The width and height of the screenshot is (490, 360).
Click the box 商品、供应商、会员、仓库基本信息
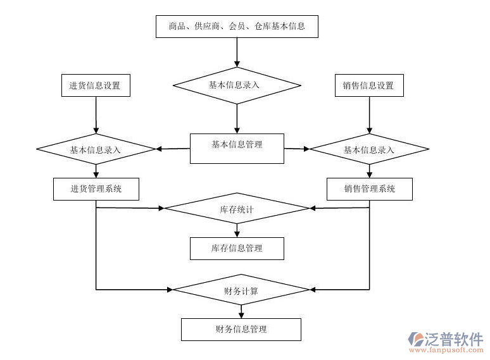(237, 26)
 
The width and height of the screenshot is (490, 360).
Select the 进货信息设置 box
(96, 85)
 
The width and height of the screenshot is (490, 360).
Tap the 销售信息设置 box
(368, 85)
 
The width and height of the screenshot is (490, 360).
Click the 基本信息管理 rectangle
(237, 148)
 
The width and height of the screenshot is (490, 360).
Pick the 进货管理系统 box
(96, 189)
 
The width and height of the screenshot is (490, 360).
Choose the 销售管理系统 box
(370, 189)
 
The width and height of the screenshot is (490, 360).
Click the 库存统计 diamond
(237, 208)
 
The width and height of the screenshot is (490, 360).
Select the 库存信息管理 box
(237, 248)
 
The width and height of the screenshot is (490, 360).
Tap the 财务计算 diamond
(241, 290)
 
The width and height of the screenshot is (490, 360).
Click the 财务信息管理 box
(241, 329)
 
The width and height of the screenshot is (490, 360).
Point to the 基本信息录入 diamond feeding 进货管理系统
(96, 149)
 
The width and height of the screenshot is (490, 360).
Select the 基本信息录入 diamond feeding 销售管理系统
(369, 149)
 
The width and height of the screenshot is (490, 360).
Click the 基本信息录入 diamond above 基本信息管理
(237, 84)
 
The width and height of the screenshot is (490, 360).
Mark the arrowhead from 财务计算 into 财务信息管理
(241, 314)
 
